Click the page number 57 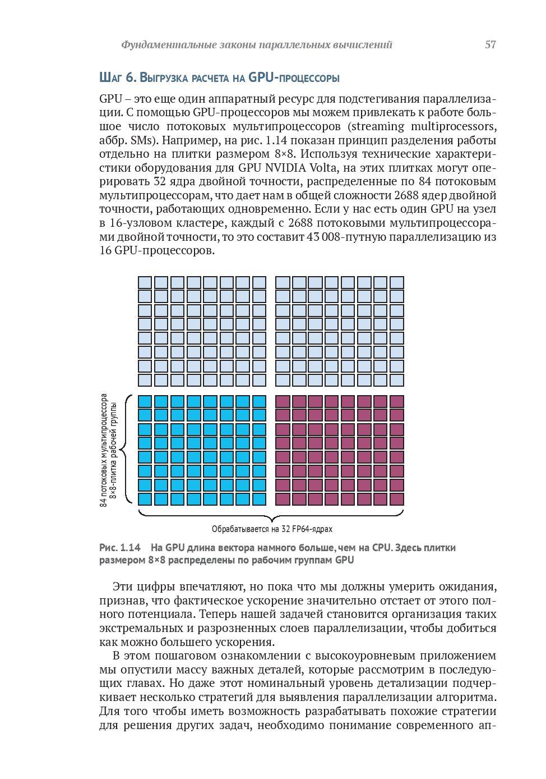490,45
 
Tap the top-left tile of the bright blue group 145,401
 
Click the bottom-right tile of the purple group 397,498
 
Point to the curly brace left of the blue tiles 128,450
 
